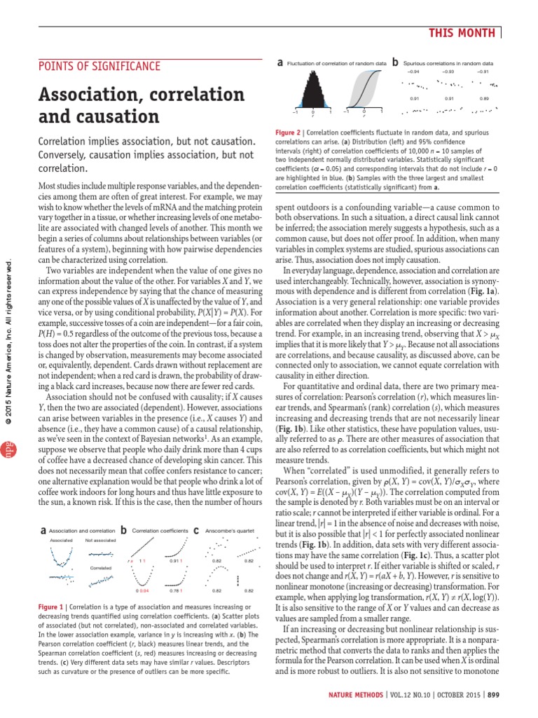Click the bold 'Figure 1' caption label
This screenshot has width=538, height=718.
pyautogui.click(x=53, y=605)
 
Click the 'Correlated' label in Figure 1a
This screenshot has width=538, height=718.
pyautogui.click(x=100, y=567)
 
